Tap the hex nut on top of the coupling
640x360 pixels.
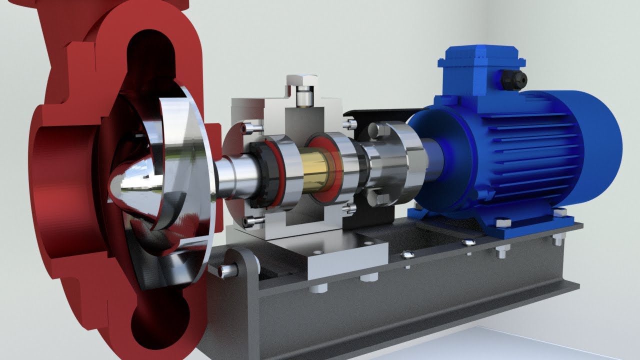(x=376, y=130)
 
